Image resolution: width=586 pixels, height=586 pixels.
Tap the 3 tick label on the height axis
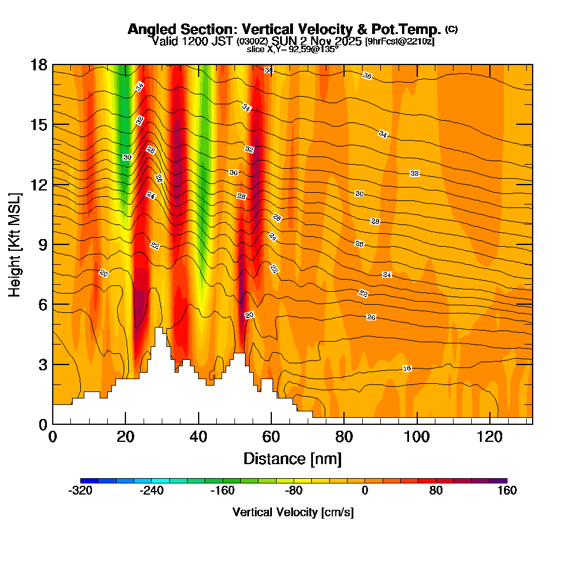pyautogui.click(x=42, y=364)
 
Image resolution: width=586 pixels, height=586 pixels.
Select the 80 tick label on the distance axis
pyautogui.click(x=344, y=437)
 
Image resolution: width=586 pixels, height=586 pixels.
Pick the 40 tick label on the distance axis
pyautogui.click(x=198, y=437)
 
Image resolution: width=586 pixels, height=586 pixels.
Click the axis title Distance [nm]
pyautogui.click(x=292, y=458)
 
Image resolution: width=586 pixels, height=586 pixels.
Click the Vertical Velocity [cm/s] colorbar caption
pyautogui.click(x=293, y=512)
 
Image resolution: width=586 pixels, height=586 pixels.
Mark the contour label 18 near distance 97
pyautogui.click(x=407, y=368)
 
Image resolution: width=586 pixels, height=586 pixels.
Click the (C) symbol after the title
pyautogui.click(x=451, y=29)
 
